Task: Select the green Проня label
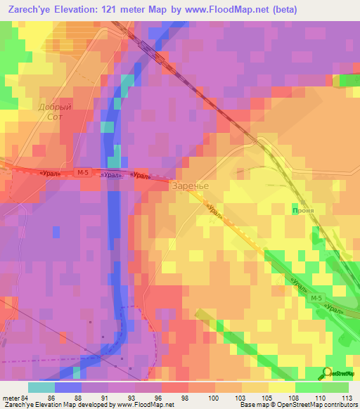[x=302, y=209]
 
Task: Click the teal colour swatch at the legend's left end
[x=41, y=387]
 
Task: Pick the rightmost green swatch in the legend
[x=335, y=387]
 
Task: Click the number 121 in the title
[x=121, y=10]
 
